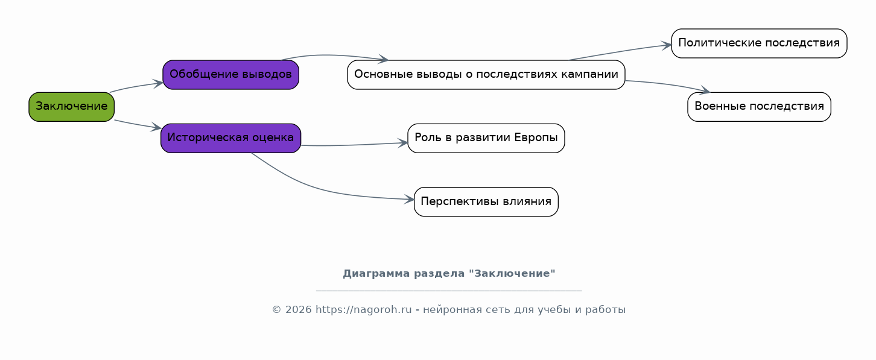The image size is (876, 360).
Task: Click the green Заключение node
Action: click(x=72, y=107)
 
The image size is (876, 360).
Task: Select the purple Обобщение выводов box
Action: click(x=230, y=75)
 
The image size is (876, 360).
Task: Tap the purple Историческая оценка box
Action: click(x=230, y=138)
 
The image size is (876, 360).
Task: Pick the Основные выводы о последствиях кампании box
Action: click(x=486, y=75)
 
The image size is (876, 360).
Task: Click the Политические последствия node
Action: click(x=759, y=43)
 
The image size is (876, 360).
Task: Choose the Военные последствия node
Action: click(x=759, y=107)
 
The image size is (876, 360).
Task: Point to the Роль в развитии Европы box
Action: click(x=486, y=138)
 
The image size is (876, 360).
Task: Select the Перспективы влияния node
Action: click(x=486, y=201)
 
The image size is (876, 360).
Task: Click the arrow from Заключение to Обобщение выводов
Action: click(x=136, y=86)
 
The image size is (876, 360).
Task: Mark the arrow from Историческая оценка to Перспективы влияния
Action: click(x=321, y=189)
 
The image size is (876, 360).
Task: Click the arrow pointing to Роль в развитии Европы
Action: click(x=354, y=145)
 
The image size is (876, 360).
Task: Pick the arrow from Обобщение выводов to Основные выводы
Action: click(x=334, y=55)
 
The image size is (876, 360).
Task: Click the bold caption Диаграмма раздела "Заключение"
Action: click(x=449, y=274)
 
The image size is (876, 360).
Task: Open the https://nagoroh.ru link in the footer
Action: click(x=363, y=309)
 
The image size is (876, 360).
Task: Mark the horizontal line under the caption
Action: click(x=449, y=291)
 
